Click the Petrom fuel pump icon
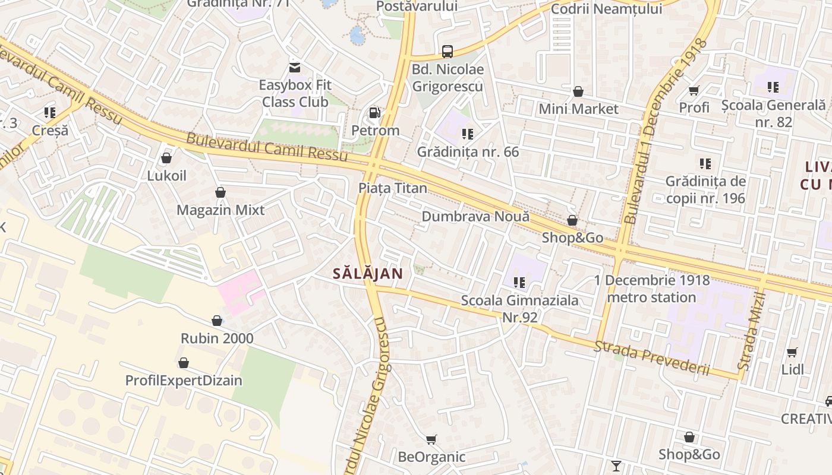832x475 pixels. click(x=374, y=112)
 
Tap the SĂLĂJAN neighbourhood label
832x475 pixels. click(x=367, y=274)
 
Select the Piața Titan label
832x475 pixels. click(x=392, y=188)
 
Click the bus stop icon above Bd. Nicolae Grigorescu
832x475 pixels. click(x=447, y=52)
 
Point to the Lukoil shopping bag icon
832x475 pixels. click(x=166, y=158)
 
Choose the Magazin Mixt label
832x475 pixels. click(x=220, y=210)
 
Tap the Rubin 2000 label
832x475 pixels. click(x=217, y=338)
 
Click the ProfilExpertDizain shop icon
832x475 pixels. click(x=184, y=363)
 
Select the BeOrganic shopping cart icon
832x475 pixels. click(x=431, y=440)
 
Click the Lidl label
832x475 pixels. click(x=792, y=370)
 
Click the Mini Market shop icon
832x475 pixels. click(x=578, y=92)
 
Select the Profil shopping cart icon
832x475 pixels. click(x=694, y=90)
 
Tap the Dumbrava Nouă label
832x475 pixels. click(x=475, y=216)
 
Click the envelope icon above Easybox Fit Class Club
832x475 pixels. click(x=295, y=67)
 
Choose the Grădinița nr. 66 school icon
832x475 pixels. click(x=468, y=134)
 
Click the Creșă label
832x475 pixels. click(x=50, y=131)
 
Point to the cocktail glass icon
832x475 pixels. click(x=616, y=465)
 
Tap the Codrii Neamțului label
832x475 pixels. click(x=606, y=9)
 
